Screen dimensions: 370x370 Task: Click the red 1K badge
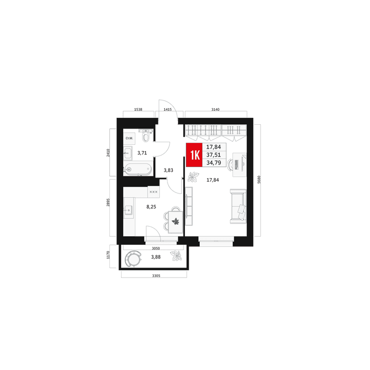tap(194, 154)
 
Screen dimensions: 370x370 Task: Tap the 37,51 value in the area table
tap(214, 155)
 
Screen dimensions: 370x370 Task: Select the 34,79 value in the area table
tap(214, 163)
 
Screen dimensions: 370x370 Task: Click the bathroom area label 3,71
tap(142, 153)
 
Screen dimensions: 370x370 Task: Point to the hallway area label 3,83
tap(169, 170)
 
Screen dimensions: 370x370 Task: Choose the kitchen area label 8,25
tap(151, 207)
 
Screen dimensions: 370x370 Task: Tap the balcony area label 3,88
tap(156, 257)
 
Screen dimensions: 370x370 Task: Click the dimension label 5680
tap(259, 180)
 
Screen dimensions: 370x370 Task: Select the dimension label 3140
tap(215, 109)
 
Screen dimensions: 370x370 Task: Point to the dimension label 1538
tap(138, 109)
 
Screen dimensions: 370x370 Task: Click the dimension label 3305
tap(156, 275)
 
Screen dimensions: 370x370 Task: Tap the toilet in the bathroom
tap(146, 135)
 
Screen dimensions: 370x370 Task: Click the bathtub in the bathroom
tap(138, 169)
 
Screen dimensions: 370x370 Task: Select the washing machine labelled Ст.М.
tap(129, 138)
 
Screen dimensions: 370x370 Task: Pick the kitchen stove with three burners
tap(154, 192)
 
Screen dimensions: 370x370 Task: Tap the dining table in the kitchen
tap(175, 222)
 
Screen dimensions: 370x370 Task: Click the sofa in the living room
tap(238, 206)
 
